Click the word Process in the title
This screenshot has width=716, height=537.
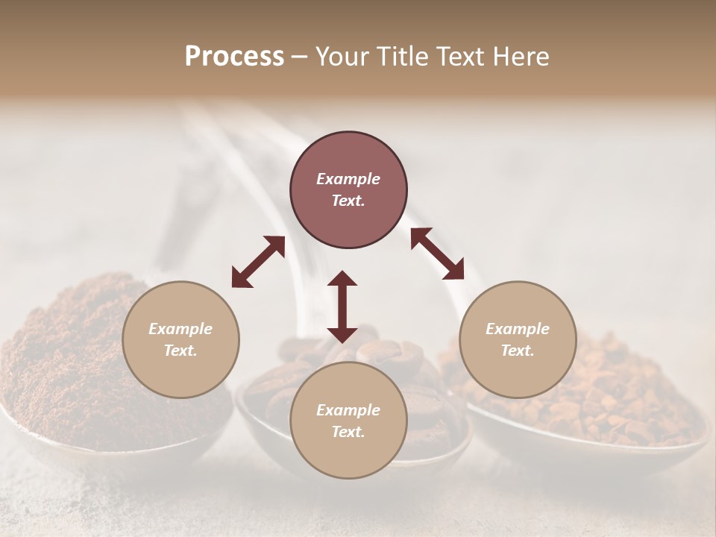coord(234,57)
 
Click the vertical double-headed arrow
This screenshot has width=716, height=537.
coord(342,307)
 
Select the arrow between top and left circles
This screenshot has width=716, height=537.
coord(258,262)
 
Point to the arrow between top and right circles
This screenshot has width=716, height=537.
coord(436,254)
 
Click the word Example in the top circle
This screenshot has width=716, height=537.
coord(348,179)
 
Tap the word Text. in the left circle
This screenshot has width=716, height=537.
coord(180,351)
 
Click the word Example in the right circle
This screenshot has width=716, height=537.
coord(518,329)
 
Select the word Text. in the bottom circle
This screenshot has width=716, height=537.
coord(348,432)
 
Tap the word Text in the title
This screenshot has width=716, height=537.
coord(458,57)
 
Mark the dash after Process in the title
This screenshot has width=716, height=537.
coord(300,57)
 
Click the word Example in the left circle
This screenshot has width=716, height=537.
coord(180,329)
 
